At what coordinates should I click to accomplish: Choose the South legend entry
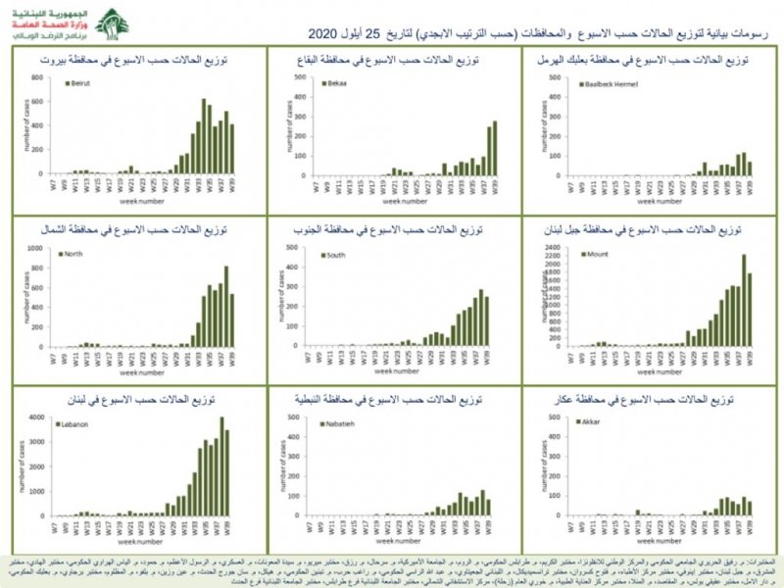coord(335,255)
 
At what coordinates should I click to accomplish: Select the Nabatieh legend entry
coord(341,424)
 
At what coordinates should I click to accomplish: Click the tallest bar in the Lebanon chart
coord(221,466)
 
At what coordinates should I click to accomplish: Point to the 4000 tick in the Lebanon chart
coord(33,418)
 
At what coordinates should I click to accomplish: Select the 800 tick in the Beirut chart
coord(35,77)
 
